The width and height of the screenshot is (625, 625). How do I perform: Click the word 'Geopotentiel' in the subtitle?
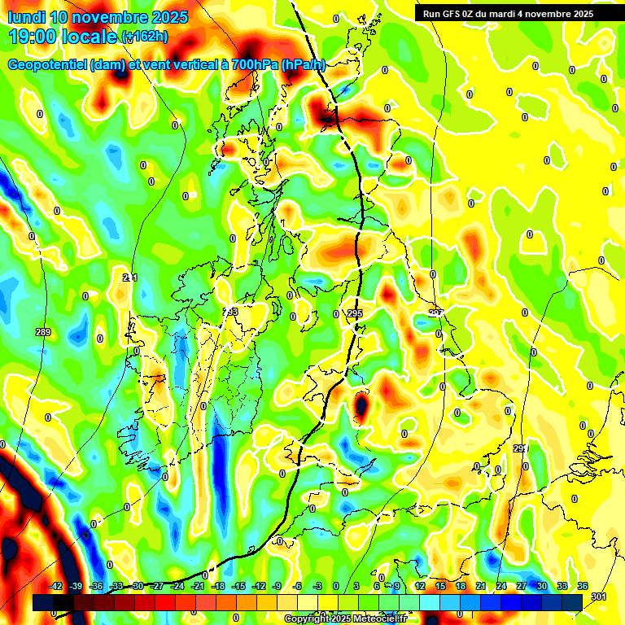(x=50, y=64)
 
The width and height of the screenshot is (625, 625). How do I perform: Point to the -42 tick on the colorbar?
(x=56, y=586)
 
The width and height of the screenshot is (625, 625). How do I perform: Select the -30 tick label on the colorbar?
(x=138, y=586)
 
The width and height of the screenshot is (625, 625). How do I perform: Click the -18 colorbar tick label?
(x=218, y=586)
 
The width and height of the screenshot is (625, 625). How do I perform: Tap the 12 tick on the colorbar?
(x=420, y=586)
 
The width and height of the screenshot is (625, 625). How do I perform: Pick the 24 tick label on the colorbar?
(x=500, y=586)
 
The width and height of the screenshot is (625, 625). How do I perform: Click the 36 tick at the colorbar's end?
(x=582, y=586)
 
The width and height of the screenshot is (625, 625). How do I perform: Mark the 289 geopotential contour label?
(x=43, y=332)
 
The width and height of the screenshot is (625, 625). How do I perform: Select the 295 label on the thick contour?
(x=355, y=313)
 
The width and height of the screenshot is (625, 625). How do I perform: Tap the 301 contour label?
(x=600, y=598)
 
